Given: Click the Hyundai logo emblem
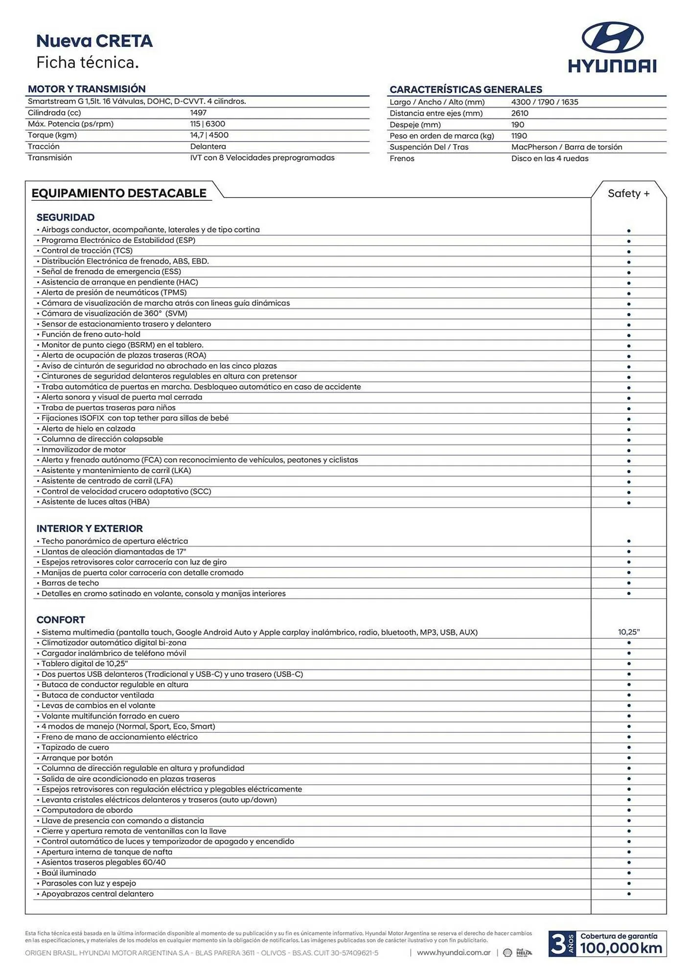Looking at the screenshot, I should [612, 37].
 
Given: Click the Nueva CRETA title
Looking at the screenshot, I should [94, 41].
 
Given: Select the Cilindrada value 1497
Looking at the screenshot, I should [198, 113].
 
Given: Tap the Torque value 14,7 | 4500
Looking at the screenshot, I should [209, 135].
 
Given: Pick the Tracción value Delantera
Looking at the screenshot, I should [208, 146].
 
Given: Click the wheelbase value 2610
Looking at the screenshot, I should [520, 113].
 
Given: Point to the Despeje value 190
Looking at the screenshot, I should [517, 125].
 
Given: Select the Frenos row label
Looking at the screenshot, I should [402, 159].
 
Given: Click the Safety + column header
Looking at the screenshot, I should [628, 193].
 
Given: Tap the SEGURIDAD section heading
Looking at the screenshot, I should [66, 217].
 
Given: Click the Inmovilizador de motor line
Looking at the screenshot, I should [83, 449].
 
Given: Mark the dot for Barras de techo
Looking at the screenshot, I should [628, 583].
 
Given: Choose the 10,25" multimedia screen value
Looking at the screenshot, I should [628, 632].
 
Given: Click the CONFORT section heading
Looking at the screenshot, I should [61, 620].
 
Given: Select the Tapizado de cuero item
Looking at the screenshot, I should [75, 747].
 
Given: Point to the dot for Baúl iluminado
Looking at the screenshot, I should [628, 873].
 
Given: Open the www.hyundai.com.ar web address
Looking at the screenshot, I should [453, 953].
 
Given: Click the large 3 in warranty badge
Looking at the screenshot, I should [557, 944].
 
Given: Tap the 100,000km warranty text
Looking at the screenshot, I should [621, 948].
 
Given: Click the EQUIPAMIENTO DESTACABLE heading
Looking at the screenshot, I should [119, 193].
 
